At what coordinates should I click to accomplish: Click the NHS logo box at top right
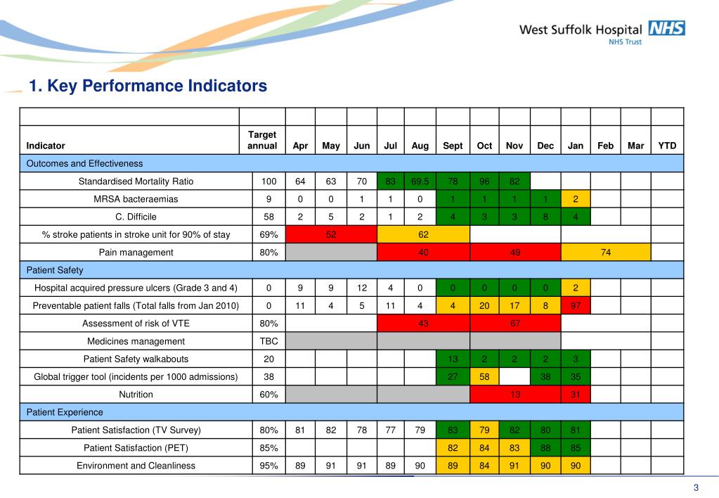pyautogui.click(x=666, y=28)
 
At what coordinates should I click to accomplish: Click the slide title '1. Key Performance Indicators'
pyautogui.click(x=148, y=86)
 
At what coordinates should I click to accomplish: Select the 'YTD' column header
pyautogui.click(x=667, y=146)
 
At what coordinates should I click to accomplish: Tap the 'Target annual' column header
pyautogui.click(x=262, y=140)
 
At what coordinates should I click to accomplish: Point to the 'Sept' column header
pyautogui.click(x=453, y=146)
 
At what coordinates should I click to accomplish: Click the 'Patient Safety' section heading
pyautogui.click(x=54, y=269)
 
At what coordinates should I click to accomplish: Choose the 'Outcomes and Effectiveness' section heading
pyautogui.click(x=84, y=163)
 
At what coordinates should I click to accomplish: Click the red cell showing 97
pyautogui.click(x=576, y=305)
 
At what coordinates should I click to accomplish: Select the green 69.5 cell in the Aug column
pyautogui.click(x=420, y=181)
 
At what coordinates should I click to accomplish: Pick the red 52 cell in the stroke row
pyautogui.click(x=331, y=234)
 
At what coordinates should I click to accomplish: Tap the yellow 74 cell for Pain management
pyautogui.click(x=606, y=252)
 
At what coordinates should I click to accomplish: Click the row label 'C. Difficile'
pyautogui.click(x=136, y=217)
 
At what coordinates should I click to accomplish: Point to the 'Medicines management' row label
pyautogui.click(x=136, y=341)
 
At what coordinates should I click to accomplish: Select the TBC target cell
pyautogui.click(x=268, y=341)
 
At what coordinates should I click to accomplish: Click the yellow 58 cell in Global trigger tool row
pyautogui.click(x=484, y=376)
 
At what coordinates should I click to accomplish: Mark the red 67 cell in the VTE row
pyautogui.click(x=514, y=323)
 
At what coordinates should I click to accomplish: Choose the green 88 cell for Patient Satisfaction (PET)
pyautogui.click(x=545, y=447)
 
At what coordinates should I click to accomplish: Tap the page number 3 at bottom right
pyautogui.click(x=696, y=488)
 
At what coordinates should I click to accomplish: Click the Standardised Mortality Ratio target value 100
pyautogui.click(x=268, y=181)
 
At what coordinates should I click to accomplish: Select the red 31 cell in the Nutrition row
pyautogui.click(x=576, y=395)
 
